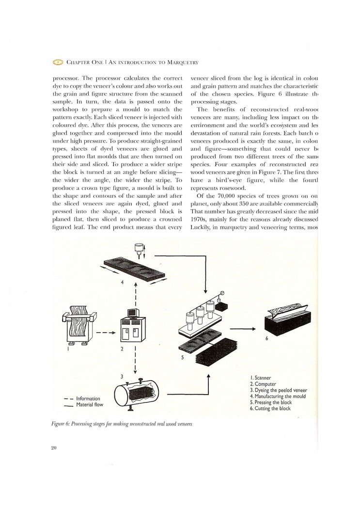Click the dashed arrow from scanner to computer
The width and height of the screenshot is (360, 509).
click(x=105, y=333)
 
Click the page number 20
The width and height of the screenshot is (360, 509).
click(x=54, y=448)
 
